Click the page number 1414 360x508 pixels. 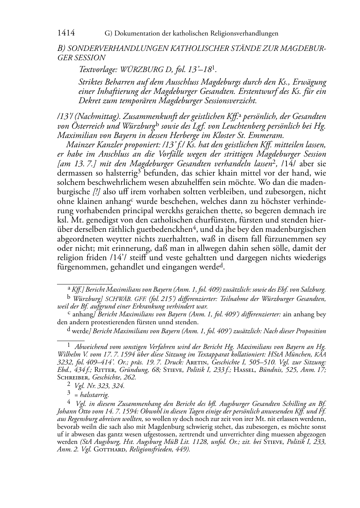pyautogui.click(x=66, y=33)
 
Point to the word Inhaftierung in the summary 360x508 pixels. pyautogui.click(x=118, y=91)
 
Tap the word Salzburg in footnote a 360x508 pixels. pyautogui.click(x=313, y=289)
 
